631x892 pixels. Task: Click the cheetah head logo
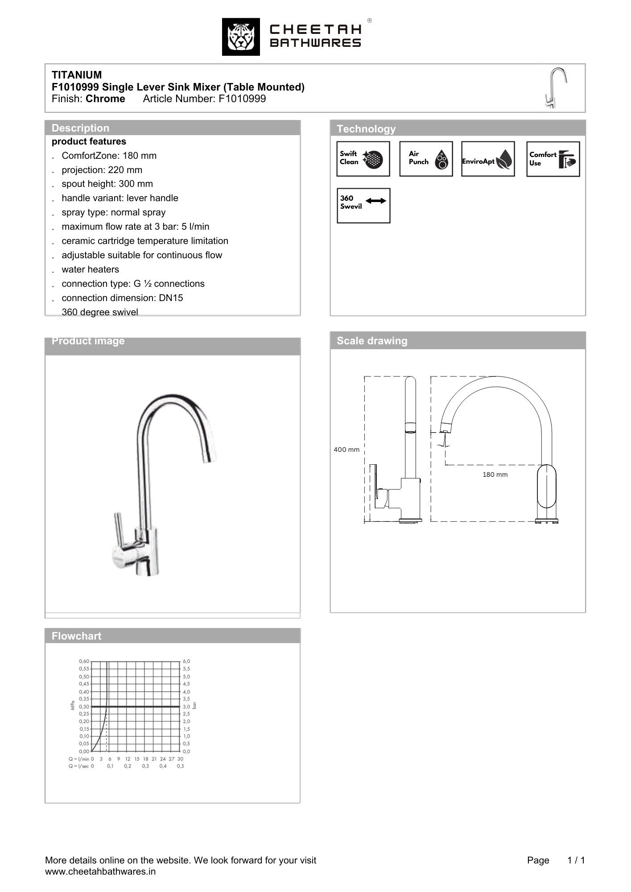(241, 37)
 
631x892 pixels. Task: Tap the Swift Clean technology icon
(363, 159)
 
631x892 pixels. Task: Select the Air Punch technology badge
(426, 159)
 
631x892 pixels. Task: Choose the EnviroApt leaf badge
(488, 159)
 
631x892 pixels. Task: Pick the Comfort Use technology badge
(553, 159)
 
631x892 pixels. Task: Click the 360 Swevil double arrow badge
(363, 206)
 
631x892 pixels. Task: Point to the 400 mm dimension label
(346, 450)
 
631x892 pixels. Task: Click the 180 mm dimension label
(495, 475)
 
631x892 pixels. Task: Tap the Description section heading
(80, 128)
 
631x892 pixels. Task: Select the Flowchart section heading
(76, 636)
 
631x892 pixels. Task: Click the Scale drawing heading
(372, 341)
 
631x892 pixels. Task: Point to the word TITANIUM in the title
(77, 75)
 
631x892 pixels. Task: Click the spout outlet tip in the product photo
(208, 458)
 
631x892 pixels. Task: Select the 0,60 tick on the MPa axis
(84, 661)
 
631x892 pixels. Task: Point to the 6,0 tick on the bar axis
(186, 661)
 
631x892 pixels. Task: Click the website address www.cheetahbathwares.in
(100, 871)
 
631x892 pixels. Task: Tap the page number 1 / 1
(576, 860)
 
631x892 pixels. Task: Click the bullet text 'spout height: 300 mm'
(107, 184)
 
